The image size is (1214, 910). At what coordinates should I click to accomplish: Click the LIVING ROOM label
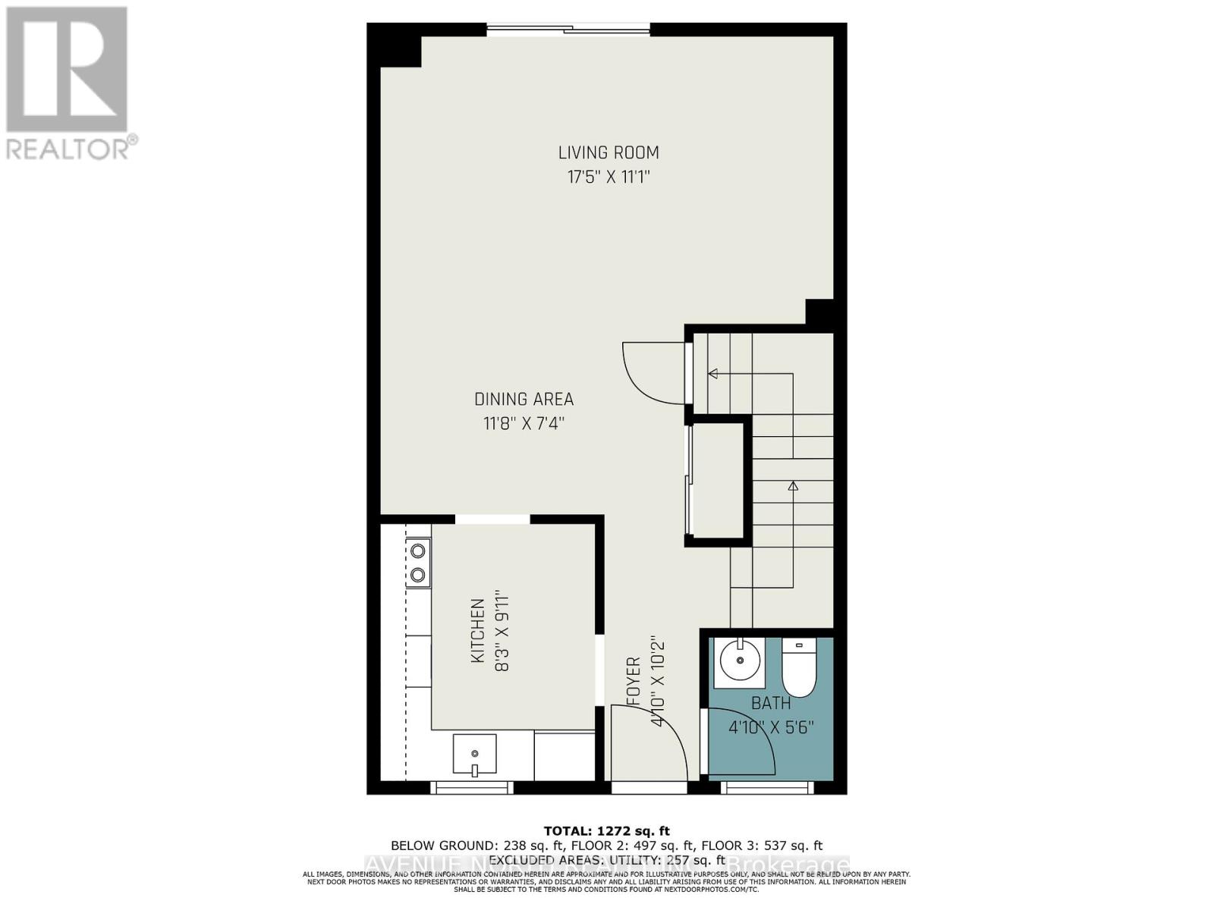pyautogui.click(x=609, y=152)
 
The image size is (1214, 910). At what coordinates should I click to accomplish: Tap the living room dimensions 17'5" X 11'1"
pyautogui.click(x=609, y=177)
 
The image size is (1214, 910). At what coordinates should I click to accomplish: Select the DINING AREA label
pyautogui.click(x=524, y=399)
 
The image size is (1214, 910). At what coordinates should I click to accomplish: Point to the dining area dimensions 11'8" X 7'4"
pyautogui.click(x=524, y=423)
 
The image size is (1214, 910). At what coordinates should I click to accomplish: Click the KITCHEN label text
pyautogui.click(x=478, y=631)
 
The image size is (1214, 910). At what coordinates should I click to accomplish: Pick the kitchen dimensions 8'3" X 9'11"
pyautogui.click(x=502, y=631)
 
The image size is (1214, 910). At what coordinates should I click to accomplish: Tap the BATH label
pyautogui.click(x=771, y=704)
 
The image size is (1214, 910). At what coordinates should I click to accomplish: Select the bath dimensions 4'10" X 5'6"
pyautogui.click(x=771, y=728)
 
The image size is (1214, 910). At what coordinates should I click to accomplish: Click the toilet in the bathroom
pyautogui.click(x=798, y=667)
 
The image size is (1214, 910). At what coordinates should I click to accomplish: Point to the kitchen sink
pyautogui.click(x=474, y=755)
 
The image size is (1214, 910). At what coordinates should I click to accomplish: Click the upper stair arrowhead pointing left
pyautogui.click(x=713, y=373)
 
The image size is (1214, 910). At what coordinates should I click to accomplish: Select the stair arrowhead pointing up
pyautogui.click(x=793, y=485)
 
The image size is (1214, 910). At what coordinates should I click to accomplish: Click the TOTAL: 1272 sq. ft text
pyautogui.click(x=606, y=831)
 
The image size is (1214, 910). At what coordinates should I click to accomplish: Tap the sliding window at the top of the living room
pyautogui.click(x=568, y=30)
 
